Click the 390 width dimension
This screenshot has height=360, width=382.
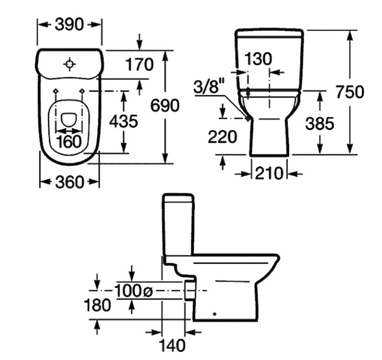click(69, 24)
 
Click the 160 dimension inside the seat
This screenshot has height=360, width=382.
click(70, 141)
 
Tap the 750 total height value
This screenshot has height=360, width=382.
click(349, 91)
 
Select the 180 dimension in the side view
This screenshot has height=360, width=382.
click(98, 305)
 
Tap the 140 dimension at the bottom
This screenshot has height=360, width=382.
click(172, 345)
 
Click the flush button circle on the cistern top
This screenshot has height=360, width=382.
click(70, 64)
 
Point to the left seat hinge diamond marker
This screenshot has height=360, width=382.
click(56, 91)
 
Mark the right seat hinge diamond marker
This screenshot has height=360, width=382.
click(83, 91)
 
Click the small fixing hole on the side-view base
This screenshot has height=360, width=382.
click(215, 314)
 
